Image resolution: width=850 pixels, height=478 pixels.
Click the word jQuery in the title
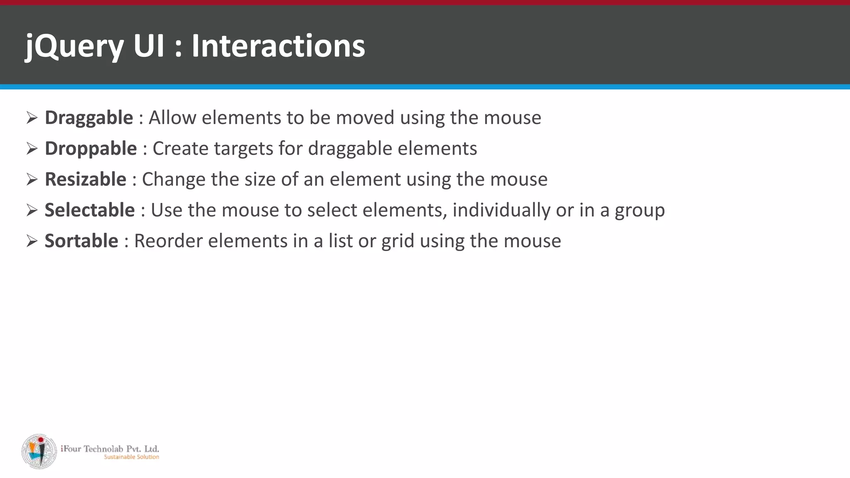[74, 46]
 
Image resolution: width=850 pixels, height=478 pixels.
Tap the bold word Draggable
[89, 118]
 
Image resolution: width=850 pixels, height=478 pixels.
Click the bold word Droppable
[90, 149]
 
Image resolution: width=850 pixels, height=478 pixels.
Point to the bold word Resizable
[85, 179]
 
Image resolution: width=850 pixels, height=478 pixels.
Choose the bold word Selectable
[90, 210]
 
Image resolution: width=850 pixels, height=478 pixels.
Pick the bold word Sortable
[81, 241]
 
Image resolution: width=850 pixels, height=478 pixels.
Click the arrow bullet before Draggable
[32, 118]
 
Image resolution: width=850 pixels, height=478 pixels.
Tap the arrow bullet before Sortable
[32, 241]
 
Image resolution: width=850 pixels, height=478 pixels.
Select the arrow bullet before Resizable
[32, 179]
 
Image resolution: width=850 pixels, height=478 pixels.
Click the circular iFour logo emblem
[39, 451]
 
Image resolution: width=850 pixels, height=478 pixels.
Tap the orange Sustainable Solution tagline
[132, 457]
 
